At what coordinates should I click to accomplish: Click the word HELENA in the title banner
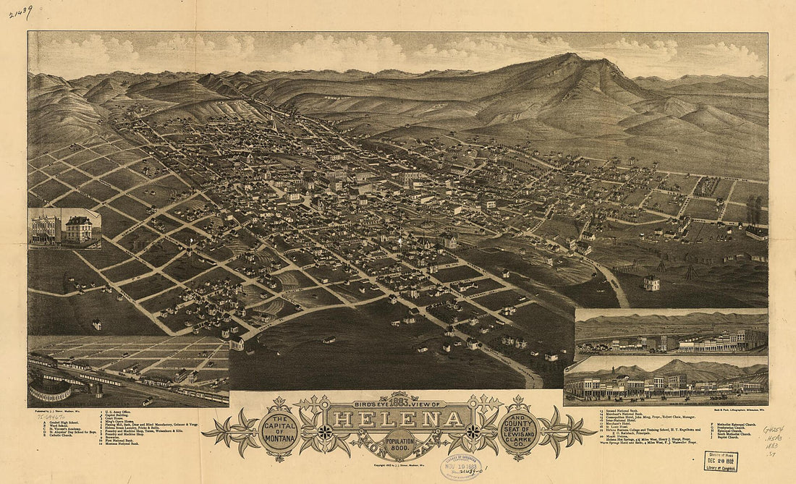(397, 420)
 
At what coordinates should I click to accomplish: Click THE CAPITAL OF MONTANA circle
(279, 432)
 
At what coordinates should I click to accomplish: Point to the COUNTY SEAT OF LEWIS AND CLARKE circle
(516, 432)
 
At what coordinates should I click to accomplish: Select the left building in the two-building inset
(46, 229)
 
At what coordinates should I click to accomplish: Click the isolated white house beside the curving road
(651, 282)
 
